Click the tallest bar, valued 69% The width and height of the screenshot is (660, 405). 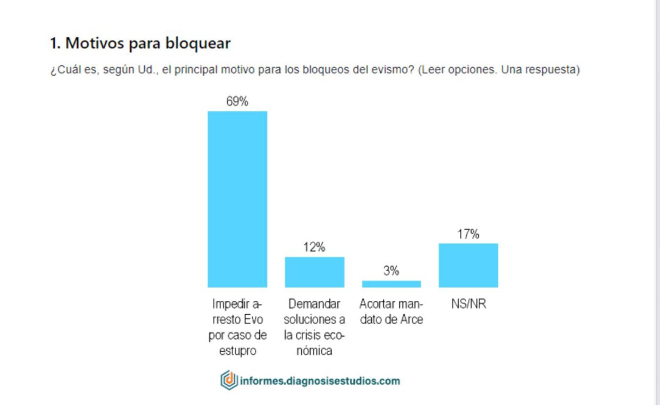click(237, 199)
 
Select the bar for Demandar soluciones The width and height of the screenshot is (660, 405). click(315, 272)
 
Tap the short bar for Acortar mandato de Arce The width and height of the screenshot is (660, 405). click(391, 284)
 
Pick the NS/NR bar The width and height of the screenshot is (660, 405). click(468, 265)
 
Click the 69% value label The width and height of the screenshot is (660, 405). click(237, 101)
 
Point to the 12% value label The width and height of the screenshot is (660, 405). click(314, 247)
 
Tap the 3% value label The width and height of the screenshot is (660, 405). click(391, 271)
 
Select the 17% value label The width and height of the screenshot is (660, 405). click(468, 234)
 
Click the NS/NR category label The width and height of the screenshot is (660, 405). click(468, 304)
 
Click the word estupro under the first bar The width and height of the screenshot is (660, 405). click(238, 351)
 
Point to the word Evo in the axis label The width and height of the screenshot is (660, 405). click(253, 320)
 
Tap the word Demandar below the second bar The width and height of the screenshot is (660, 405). click(314, 304)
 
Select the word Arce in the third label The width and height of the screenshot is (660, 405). click(412, 320)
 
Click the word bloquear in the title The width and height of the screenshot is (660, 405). click(198, 43)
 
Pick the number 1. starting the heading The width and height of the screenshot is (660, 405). click(55, 43)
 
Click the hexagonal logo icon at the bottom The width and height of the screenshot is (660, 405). click(229, 380)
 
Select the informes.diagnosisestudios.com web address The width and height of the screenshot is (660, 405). click(320, 381)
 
